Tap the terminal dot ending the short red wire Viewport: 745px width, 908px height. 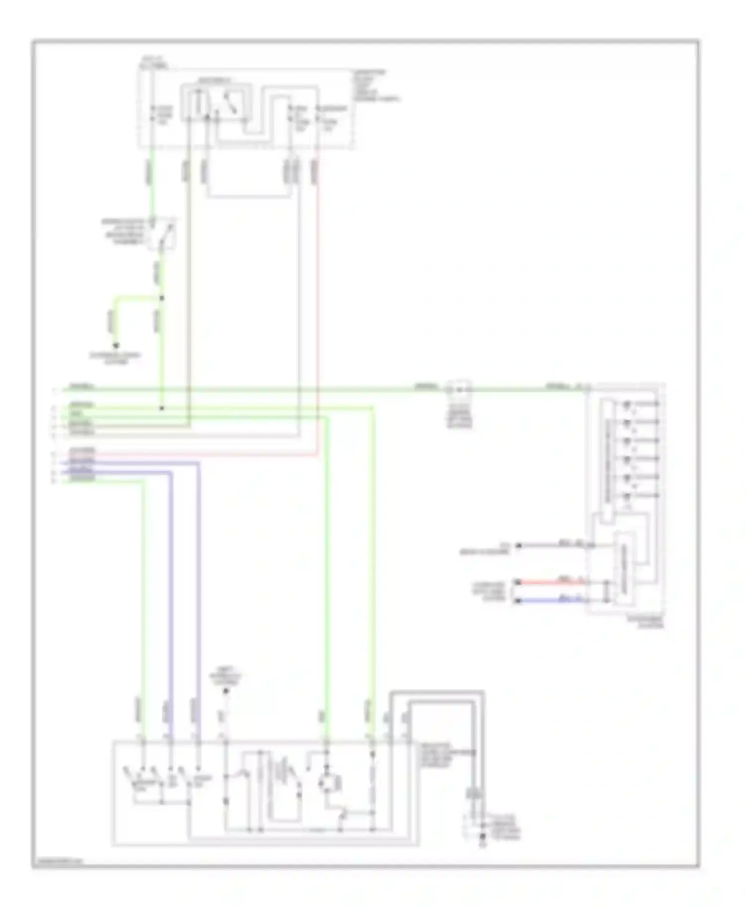(519, 581)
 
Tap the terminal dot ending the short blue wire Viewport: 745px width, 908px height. (519, 601)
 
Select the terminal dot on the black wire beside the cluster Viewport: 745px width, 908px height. (519, 545)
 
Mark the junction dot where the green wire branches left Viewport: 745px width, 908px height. (161, 298)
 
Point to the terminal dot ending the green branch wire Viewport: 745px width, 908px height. (117, 345)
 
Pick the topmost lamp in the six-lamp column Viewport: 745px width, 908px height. (628, 404)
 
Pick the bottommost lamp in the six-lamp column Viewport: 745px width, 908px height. (628, 496)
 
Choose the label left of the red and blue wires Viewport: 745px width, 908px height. (489, 591)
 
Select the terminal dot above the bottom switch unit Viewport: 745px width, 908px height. (226, 691)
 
